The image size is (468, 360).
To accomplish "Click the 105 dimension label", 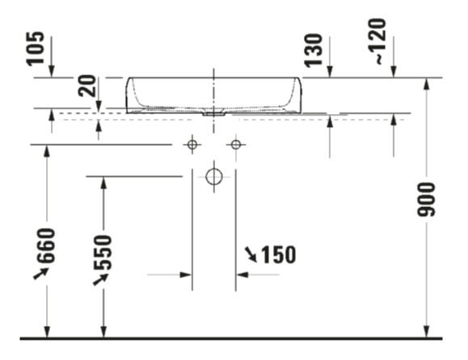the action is [36, 49].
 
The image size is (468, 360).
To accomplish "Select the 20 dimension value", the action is [87, 86].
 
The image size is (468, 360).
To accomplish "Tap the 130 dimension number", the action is [314, 50].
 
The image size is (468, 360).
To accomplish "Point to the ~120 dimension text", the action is [377, 41].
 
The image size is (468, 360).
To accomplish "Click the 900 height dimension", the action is [426, 199].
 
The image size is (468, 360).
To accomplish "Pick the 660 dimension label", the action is [46, 246].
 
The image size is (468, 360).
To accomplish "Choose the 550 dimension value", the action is [103, 252].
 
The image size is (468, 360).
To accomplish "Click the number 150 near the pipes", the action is [279, 255].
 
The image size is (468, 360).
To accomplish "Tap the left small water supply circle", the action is [192, 145].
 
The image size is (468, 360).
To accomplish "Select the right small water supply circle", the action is [236, 145].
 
